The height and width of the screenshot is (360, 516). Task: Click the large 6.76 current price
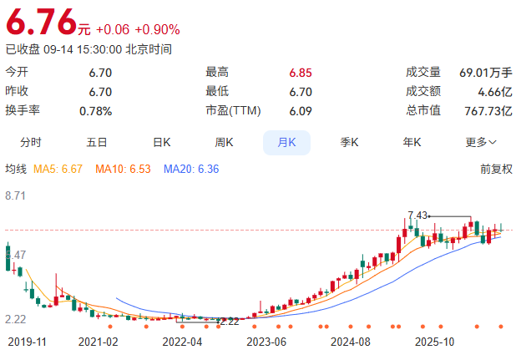tap(42, 22)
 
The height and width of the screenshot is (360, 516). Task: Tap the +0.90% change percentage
tap(157, 29)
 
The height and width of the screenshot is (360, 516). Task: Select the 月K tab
tap(286, 143)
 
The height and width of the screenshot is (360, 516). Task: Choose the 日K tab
tap(162, 143)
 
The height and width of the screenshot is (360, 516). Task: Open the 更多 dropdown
tap(481, 143)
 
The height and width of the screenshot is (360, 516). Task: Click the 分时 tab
tap(31, 143)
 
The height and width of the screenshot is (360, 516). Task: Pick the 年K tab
tap(412, 143)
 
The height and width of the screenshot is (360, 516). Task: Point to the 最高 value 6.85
tap(301, 73)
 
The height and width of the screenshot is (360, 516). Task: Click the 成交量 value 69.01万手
tap(486, 73)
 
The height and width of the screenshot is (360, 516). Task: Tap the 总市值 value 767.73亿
tap(488, 111)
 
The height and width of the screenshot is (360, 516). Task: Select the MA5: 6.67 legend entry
tap(58, 169)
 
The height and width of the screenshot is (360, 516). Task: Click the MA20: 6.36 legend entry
tap(191, 169)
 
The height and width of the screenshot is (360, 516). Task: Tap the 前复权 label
tap(496, 169)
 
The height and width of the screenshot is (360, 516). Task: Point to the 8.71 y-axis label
tap(16, 195)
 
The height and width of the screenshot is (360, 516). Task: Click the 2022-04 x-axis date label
tap(182, 342)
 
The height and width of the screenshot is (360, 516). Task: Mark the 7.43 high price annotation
tap(417, 215)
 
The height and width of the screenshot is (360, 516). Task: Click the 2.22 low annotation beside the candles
tap(230, 322)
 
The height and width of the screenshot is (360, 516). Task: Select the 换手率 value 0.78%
tap(96, 111)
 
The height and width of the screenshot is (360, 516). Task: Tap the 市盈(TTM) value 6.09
tap(301, 111)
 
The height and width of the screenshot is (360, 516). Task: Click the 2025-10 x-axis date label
tap(434, 342)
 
